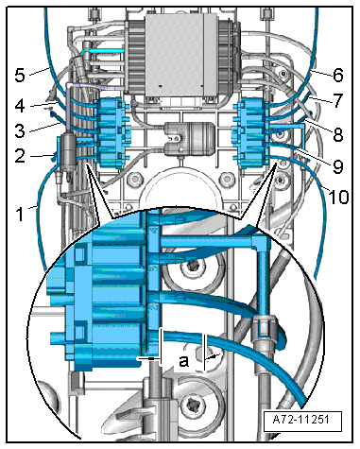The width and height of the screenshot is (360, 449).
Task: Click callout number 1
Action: click(20, 215)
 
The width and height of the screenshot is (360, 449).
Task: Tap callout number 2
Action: click(20, 155)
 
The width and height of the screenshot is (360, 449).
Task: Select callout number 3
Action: click(20, 130)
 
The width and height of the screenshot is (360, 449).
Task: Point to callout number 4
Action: click(20, 106)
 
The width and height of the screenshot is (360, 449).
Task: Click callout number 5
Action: click(20, 76)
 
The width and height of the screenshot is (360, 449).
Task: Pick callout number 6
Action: click(337, 76)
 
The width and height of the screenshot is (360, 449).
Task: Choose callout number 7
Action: click(337, 100)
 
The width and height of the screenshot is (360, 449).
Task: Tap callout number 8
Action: click(337, 134)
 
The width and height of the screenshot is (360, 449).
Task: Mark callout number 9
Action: click(337, 166)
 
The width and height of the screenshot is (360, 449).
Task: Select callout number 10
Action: click(338, 197)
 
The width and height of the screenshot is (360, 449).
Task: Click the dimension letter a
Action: click(184, 361)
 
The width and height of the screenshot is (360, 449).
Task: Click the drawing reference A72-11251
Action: click(301, 420)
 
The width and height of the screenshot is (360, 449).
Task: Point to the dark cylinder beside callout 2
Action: click(68, 152)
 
